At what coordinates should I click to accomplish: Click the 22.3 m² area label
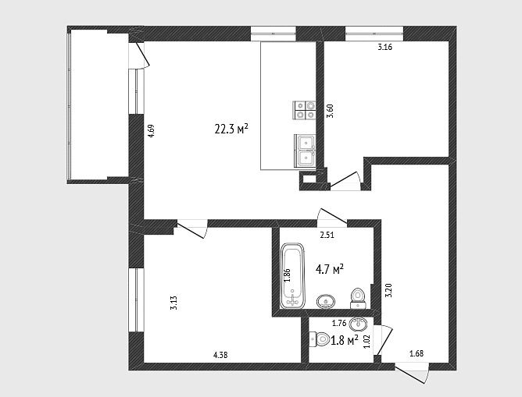[232, 129]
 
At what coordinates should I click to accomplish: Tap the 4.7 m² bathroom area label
[330, 269]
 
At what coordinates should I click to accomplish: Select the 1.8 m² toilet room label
[345, 340]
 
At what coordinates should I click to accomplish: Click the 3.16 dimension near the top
[384, 47]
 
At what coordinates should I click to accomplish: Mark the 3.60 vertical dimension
[330, 111]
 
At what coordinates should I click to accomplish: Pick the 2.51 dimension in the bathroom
[327, 236]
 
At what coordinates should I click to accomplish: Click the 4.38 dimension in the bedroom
[220, 355]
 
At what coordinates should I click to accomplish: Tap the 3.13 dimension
[173, 303]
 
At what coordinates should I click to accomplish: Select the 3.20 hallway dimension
[388, 290]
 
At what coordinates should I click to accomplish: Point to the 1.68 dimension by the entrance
[417, 353]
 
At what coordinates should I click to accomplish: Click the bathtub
[293, 276]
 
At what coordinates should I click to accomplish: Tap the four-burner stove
[304, 110]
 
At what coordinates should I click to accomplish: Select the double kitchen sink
[305, 151]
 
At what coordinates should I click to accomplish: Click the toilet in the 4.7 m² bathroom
[358, 298]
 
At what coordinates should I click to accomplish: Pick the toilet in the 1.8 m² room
[319, 339]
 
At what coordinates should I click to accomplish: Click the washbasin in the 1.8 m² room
[358, 322]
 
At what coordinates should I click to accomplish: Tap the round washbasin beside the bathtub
[326, 302]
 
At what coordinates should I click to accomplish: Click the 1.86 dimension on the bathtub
[288, 275]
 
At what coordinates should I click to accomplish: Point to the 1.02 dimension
[366, 341]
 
